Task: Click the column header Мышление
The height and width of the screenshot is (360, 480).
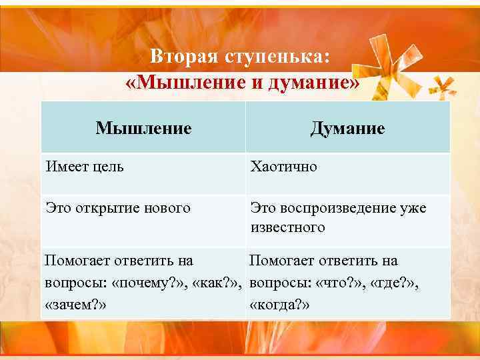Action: tap(143, 127)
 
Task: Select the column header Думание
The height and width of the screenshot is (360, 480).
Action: tap(347, 127)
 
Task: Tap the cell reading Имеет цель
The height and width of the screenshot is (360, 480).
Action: tap(84, 166)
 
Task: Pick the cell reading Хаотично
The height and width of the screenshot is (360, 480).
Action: tap(283, 166)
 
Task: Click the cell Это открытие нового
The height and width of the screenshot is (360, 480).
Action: tap(117, 208)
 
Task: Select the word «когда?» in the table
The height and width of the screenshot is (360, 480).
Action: tap(280, 304)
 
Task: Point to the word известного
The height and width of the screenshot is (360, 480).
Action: tap(287, 227)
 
